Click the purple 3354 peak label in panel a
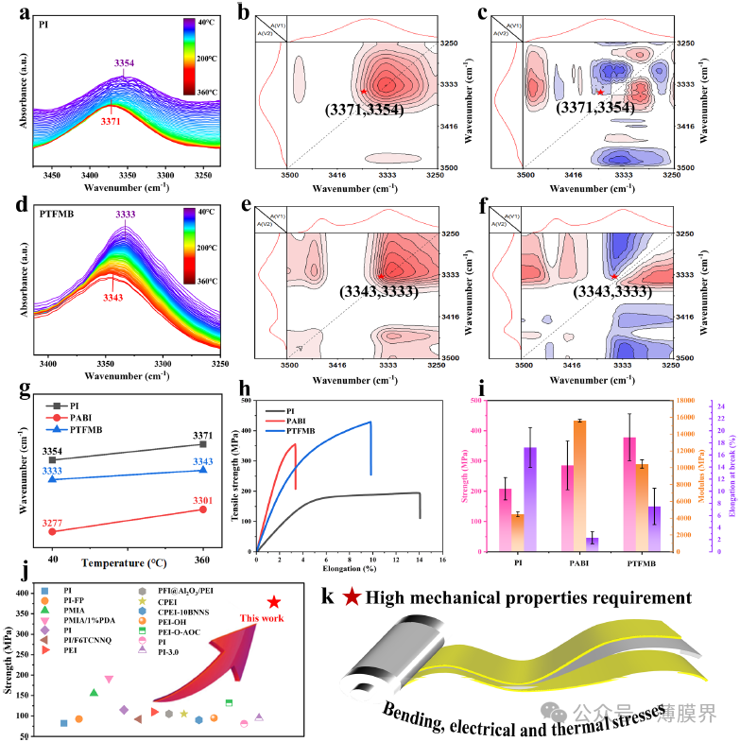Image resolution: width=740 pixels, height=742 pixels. click(x=124, y=63)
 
